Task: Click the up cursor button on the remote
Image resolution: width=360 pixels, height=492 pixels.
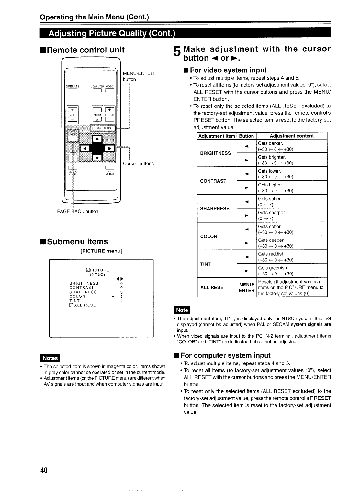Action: coord(97,140)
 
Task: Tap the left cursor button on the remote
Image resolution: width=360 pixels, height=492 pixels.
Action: coord(85,148)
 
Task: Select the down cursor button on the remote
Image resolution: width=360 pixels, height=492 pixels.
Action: coord(97,158)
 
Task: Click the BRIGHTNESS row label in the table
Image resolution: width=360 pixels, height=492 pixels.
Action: coord(216,153)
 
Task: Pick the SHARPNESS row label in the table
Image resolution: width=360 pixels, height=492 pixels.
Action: coord(215,208)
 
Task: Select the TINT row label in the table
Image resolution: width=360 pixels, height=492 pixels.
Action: coord(206,264)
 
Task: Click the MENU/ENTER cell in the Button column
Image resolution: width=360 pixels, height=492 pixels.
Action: coord(246,287)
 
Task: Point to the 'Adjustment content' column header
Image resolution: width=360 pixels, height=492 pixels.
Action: coord(291,136)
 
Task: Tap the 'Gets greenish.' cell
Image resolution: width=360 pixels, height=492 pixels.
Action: coord(273,268)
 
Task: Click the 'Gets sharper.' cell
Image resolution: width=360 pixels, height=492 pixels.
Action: coord(272,213)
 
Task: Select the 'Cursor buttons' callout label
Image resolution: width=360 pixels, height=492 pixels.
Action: coord(138,164)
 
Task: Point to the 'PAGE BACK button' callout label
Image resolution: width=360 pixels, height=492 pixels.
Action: coord(78,211)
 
